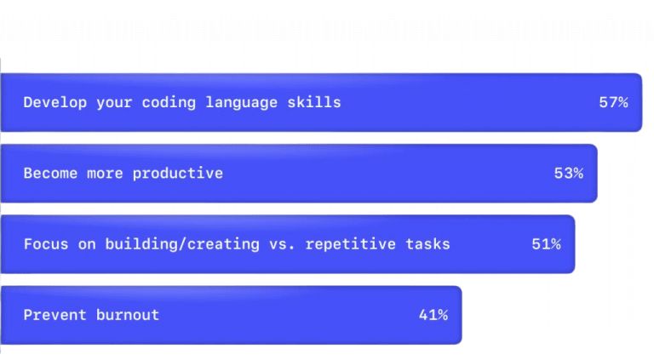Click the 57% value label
613,102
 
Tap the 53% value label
568,173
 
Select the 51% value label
546,244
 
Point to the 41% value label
433,315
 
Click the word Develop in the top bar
50,102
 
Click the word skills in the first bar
318,102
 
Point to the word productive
183,174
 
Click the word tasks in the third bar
428,244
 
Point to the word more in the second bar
103,173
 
